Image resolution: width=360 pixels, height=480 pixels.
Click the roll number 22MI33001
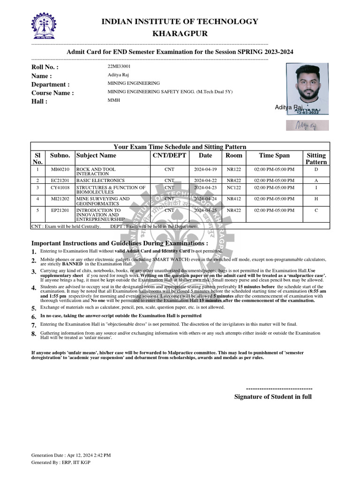click(x=119, y=67)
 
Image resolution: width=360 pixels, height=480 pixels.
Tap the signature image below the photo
click(x=307, y=125)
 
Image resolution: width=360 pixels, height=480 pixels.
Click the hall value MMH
click(x=114, y=100)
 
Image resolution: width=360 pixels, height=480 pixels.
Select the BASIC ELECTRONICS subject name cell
click(x=100, y=180)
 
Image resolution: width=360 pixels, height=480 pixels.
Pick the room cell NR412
click(x=234, y=199)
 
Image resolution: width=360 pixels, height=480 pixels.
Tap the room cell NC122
click(x=234, y=187)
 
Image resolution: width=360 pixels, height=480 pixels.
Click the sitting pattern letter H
click(x=316, y=199)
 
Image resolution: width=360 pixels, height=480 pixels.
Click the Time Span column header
click(x=274, y=156)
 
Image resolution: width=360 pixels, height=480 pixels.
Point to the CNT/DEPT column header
click(x=169, y=156)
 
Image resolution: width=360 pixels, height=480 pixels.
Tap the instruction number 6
click(x=33, y=317)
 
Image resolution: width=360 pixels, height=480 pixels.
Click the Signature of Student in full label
click(x=273, y=397)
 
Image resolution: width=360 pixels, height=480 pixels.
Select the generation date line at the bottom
click(x=71, y=455)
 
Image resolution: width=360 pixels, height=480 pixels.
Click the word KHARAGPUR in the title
click(x=180, y=34)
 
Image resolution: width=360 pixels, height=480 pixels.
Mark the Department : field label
click(x=50, y=84)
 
